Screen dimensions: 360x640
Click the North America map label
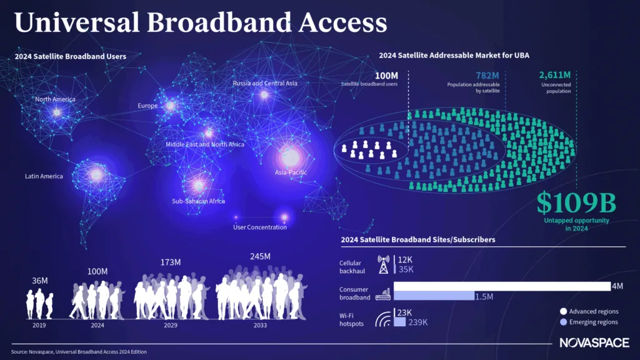pos(55,99)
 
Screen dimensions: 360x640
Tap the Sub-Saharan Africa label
pos(198,201)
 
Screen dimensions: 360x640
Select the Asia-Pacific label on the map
pos(291,172)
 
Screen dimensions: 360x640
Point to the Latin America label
pos(44,176)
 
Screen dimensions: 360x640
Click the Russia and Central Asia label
pos(265,83)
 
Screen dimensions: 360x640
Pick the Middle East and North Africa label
pos(205,144)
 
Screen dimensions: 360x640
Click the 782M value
pos(486,75)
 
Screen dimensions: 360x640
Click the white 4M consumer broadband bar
pos(500,286)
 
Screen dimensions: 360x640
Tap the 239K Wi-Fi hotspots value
pos(417,322)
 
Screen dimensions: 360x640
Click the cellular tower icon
pos(383,264)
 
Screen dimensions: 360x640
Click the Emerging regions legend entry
pos(591,322)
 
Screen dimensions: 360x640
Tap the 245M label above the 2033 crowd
pos(259,257)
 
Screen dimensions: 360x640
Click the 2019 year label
pos(39,325)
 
